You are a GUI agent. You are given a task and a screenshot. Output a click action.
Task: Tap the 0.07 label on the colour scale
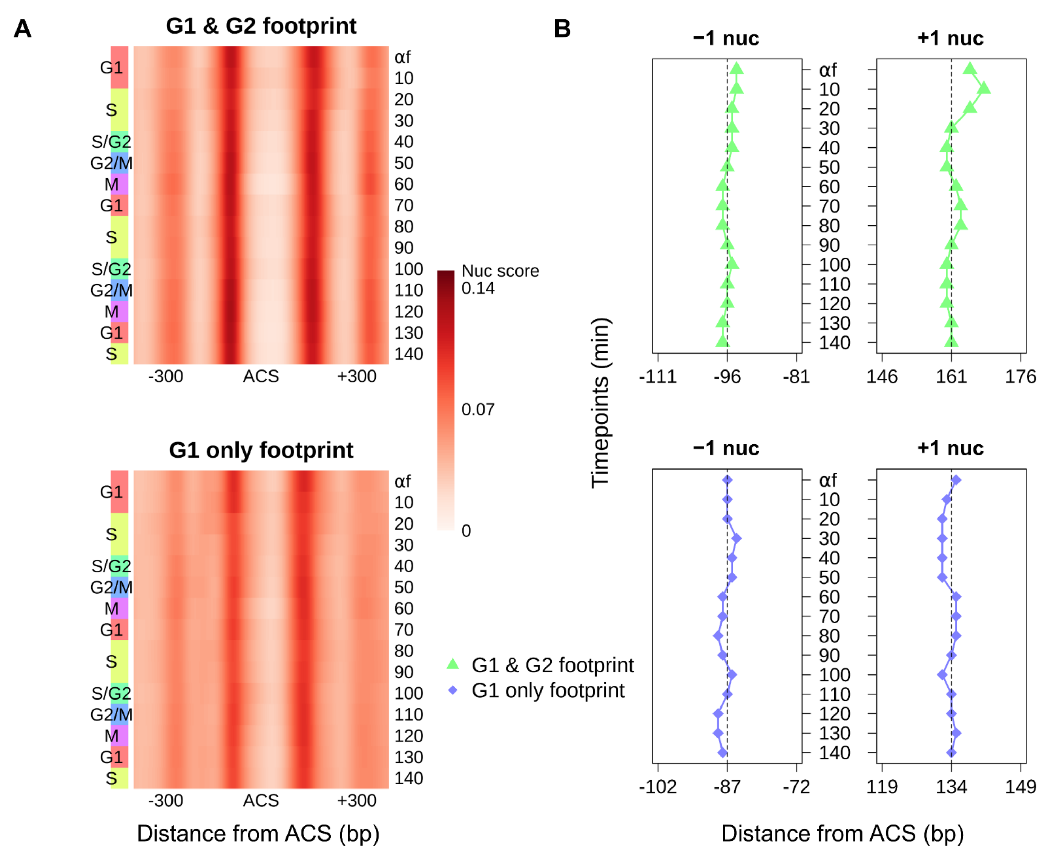477,409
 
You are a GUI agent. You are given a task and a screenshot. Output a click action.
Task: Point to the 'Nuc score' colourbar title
500,271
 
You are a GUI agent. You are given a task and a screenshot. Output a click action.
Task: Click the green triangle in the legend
452,664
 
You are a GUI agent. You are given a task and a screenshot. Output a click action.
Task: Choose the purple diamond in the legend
452,690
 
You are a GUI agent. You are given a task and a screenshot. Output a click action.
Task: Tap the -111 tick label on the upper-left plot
658,377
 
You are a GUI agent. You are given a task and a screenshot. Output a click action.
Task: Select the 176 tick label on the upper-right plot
1020,377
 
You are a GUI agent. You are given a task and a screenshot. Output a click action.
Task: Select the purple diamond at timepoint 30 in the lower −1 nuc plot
736,538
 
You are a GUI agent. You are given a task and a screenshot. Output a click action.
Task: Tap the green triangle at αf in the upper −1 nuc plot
736,69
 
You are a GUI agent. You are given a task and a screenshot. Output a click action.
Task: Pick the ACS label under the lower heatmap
261,800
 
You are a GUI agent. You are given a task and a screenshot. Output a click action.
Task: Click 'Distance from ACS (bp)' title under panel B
842,833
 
